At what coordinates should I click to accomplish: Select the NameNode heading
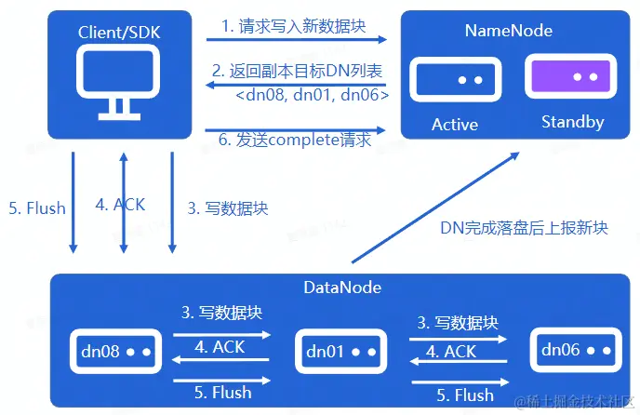click(508, 31)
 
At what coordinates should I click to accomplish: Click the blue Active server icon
click(454, 80)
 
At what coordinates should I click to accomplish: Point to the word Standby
click(572, 122)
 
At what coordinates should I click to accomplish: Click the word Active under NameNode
click(455, 124)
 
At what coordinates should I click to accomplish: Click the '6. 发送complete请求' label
click(294, 141)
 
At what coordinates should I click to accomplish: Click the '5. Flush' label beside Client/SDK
click(36, 207)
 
